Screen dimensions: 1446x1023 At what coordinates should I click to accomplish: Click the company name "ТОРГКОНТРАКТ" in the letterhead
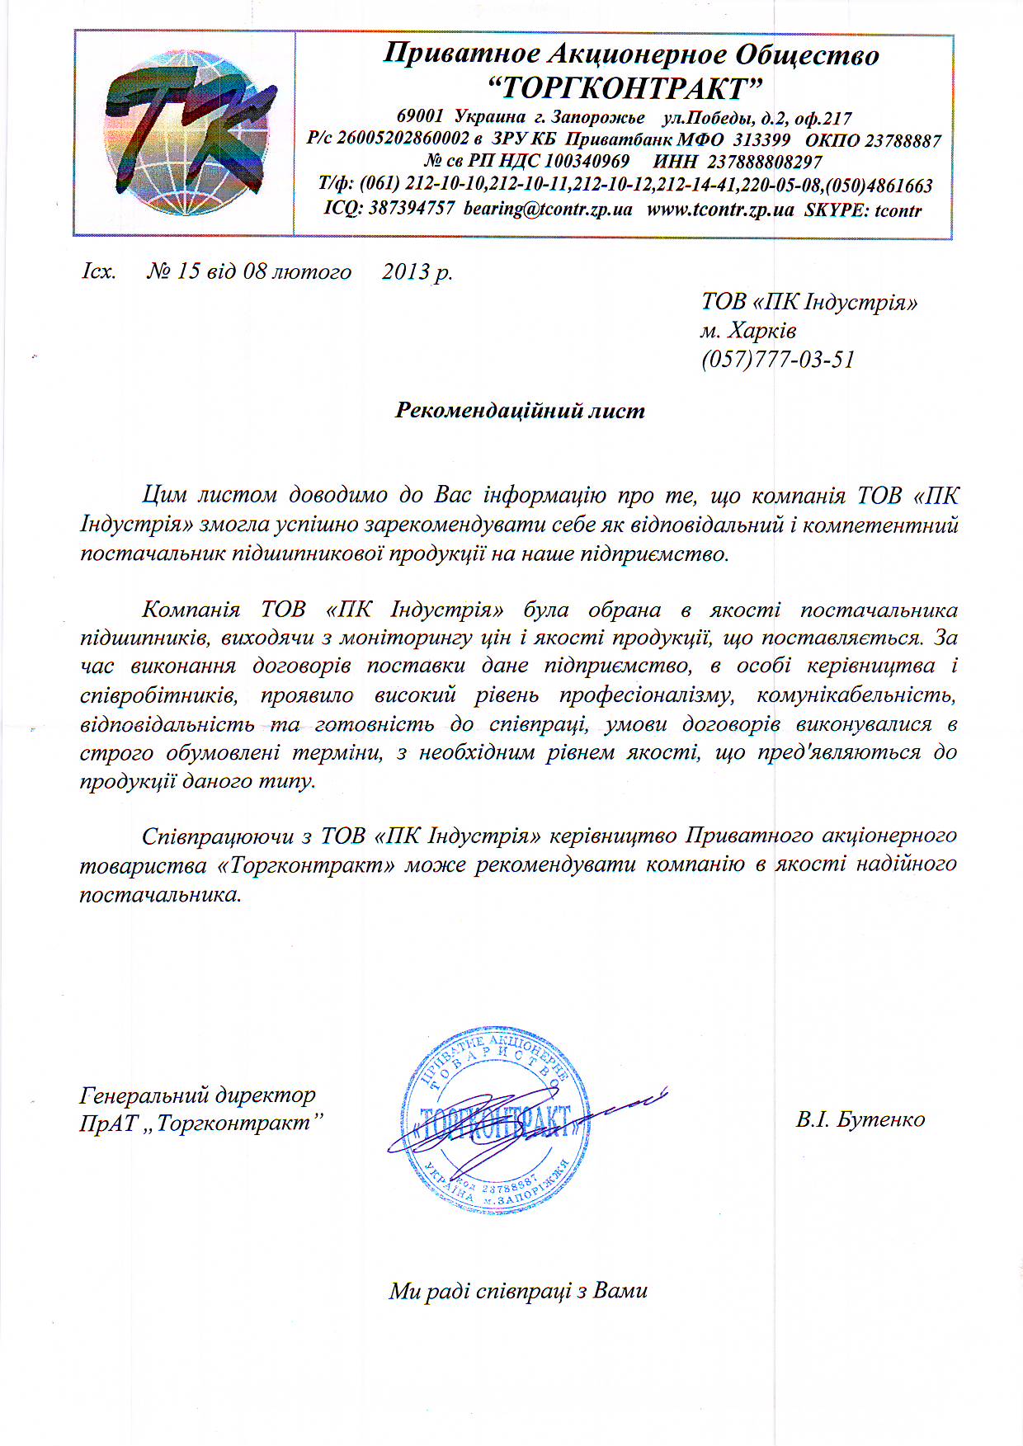pos(624,87)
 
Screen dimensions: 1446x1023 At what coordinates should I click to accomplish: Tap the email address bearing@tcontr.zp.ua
pos(548,210)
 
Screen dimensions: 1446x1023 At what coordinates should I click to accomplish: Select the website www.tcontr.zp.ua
pos(719,210)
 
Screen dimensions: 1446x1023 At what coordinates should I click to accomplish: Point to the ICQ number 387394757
pos(411,209)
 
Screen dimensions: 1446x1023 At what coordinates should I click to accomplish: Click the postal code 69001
pos(420,117)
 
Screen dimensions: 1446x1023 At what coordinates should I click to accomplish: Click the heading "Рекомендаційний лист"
pos(520,410)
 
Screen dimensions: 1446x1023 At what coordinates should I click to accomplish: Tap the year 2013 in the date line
pos(406,271)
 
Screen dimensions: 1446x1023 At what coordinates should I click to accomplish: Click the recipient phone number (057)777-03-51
pos(778,360)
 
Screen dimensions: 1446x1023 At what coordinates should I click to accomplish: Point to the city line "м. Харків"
pos(748,331)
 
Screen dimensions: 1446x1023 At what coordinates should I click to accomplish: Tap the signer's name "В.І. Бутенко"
pos(860,1119)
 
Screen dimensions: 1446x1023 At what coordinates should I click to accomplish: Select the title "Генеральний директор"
pos(197,1095)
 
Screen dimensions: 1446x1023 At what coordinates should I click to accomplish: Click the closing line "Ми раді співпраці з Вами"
pos(518,1291)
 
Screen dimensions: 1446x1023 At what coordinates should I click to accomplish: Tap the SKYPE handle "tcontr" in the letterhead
pos(898,210)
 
